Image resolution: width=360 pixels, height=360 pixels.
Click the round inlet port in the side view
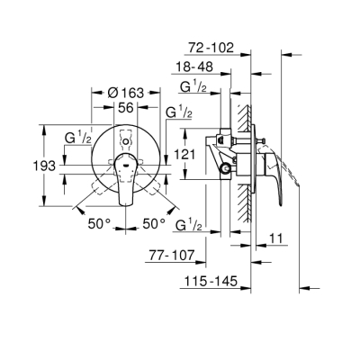click(x=226, y=168)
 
